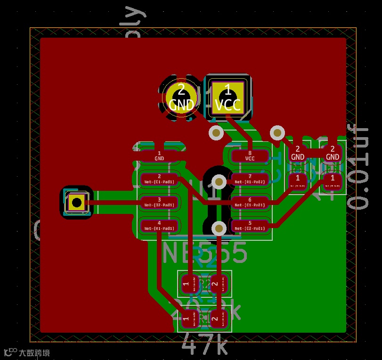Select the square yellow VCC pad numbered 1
pos(228,97)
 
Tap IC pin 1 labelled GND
pos(159,156)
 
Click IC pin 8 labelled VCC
pos(250,156)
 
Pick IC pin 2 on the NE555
pos(159,179)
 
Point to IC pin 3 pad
pos(159,203)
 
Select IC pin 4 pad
pos(159,226)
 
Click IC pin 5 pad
pos(250,226)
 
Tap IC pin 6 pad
pos(250,203)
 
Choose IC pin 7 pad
pos(250,179)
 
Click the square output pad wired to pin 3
pos(76,202)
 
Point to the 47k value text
pos(204,345)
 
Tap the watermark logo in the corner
pos(26,352)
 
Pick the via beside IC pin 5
pos(219,229)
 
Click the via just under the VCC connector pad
pos(216,133)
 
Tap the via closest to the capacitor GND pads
pos(277,132)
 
